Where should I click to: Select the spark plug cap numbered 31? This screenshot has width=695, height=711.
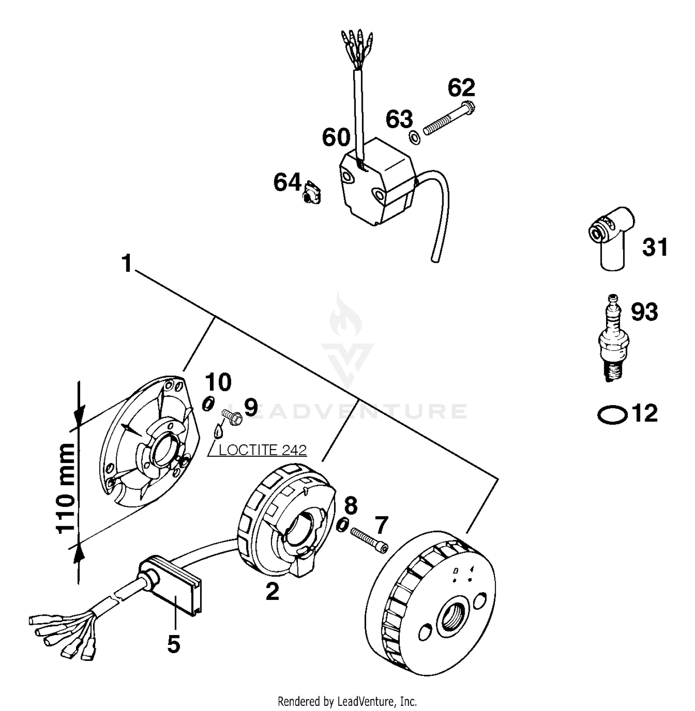609,236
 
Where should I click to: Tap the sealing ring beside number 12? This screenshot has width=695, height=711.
612,414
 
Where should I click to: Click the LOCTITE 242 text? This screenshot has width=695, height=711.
262,450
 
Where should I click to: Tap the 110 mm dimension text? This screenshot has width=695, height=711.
66,488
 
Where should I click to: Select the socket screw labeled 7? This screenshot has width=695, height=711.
369,540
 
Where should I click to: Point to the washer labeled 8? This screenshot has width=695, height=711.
342,525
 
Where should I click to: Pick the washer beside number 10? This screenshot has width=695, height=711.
208,404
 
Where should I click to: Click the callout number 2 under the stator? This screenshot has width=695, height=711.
272,591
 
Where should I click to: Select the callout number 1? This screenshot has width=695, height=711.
126,264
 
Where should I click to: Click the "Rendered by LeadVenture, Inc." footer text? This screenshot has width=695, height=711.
347,701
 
